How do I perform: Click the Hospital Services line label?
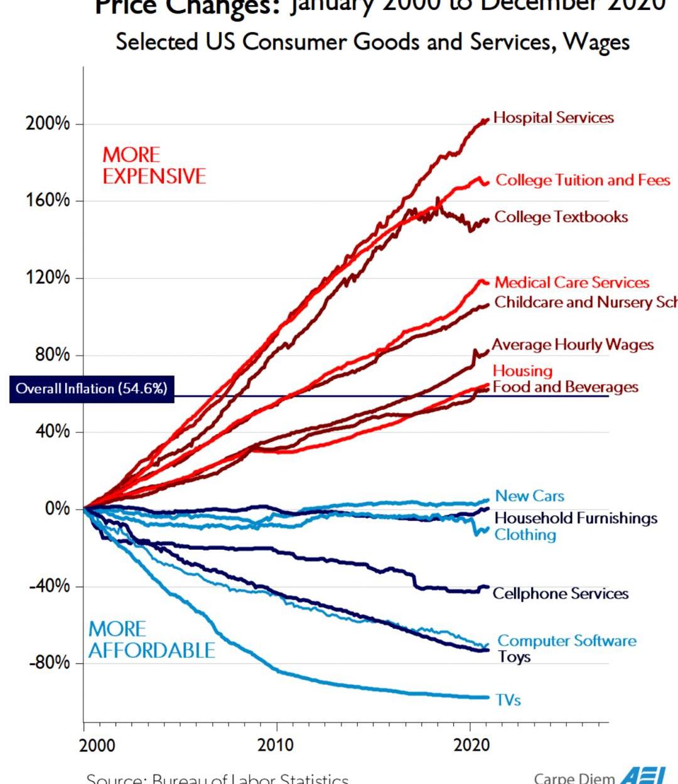point(553,117)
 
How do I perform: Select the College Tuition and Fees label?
point(583,180)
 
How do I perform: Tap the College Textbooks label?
point(561,217)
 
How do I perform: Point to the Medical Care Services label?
point(571,282)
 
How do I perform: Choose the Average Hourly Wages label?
point(573,345)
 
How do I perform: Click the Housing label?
point(522,371)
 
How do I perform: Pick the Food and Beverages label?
point(565,387)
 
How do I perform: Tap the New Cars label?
point(529,496)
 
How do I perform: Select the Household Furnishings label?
point(576,518)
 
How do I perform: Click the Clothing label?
point(525,535)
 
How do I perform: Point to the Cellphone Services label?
point(560,594)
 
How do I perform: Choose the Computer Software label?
point(566,641)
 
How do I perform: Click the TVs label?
point(508,700)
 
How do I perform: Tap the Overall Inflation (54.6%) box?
point(92,389)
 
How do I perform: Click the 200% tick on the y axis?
point(48,124)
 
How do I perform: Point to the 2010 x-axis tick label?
point(276,745)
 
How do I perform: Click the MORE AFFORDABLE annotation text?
point(151,640)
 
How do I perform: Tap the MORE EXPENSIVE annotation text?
point(154,165)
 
